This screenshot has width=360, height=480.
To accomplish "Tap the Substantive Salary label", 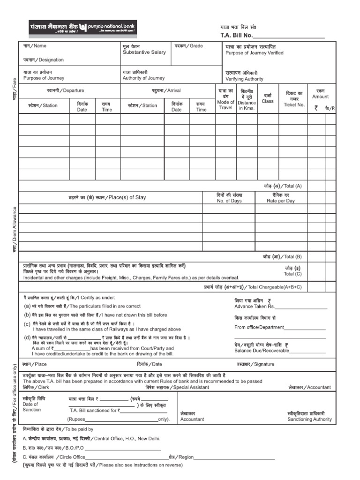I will [144, 52].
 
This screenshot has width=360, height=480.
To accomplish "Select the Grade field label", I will [189, 46].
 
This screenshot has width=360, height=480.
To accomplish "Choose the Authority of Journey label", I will [143, 78].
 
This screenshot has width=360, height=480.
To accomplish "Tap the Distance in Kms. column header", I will [247, 102].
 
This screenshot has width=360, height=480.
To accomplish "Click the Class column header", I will [268, 101].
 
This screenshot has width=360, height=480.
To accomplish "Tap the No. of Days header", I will [229, 201].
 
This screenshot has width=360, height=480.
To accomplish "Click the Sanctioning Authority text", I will [309, 419].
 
